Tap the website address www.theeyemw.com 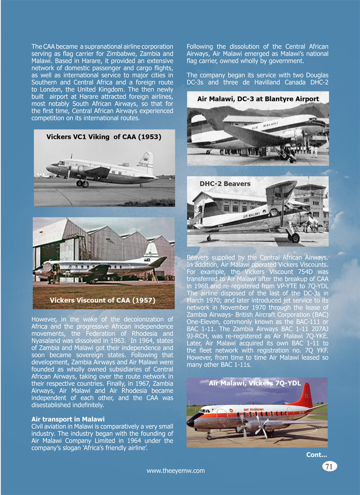point(176,471)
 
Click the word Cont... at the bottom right point(317,454)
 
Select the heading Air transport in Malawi point(68,419)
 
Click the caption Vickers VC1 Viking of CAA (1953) point(104,137)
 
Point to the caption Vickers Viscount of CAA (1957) point(103,301)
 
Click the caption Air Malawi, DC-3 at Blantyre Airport point(258,99)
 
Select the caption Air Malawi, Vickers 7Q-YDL point(255,383)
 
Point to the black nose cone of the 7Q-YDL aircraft point(191,422)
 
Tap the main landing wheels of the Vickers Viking point(82,183)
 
